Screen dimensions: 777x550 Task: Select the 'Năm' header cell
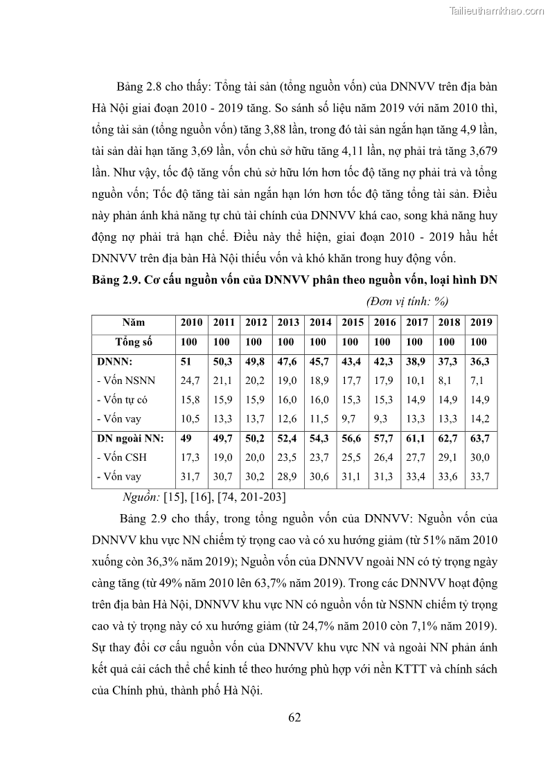pyautogui.click(x=134, y=322)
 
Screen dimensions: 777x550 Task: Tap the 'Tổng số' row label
pyautogui.click(x=134, y=342)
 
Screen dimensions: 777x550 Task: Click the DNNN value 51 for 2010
pyautogui.click(x=186, y=361)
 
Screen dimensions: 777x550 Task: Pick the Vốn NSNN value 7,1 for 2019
pyautogui.click(x=478, y=380)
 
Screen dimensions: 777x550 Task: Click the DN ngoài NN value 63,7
pyautogui.click(x=479, y=438)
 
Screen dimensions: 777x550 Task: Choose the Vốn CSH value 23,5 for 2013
pyautogui.click(x=287, y=457)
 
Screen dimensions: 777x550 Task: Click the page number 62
pyautogui.click(x=294, y=717)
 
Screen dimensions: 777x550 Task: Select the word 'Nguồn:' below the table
pyautogui.click(x=141, y=497)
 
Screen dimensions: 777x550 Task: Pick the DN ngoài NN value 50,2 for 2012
pyautogui.click(x=256, y=438)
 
